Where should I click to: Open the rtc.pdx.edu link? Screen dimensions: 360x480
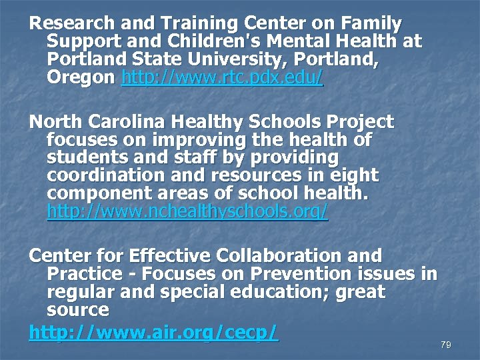pos(223,78)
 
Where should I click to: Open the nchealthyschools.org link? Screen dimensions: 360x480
pos(188,212)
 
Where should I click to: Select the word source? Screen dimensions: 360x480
pos(78,310)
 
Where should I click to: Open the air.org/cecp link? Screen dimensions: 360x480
pos(153,332)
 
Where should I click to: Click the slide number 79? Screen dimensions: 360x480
pos(446,345)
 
